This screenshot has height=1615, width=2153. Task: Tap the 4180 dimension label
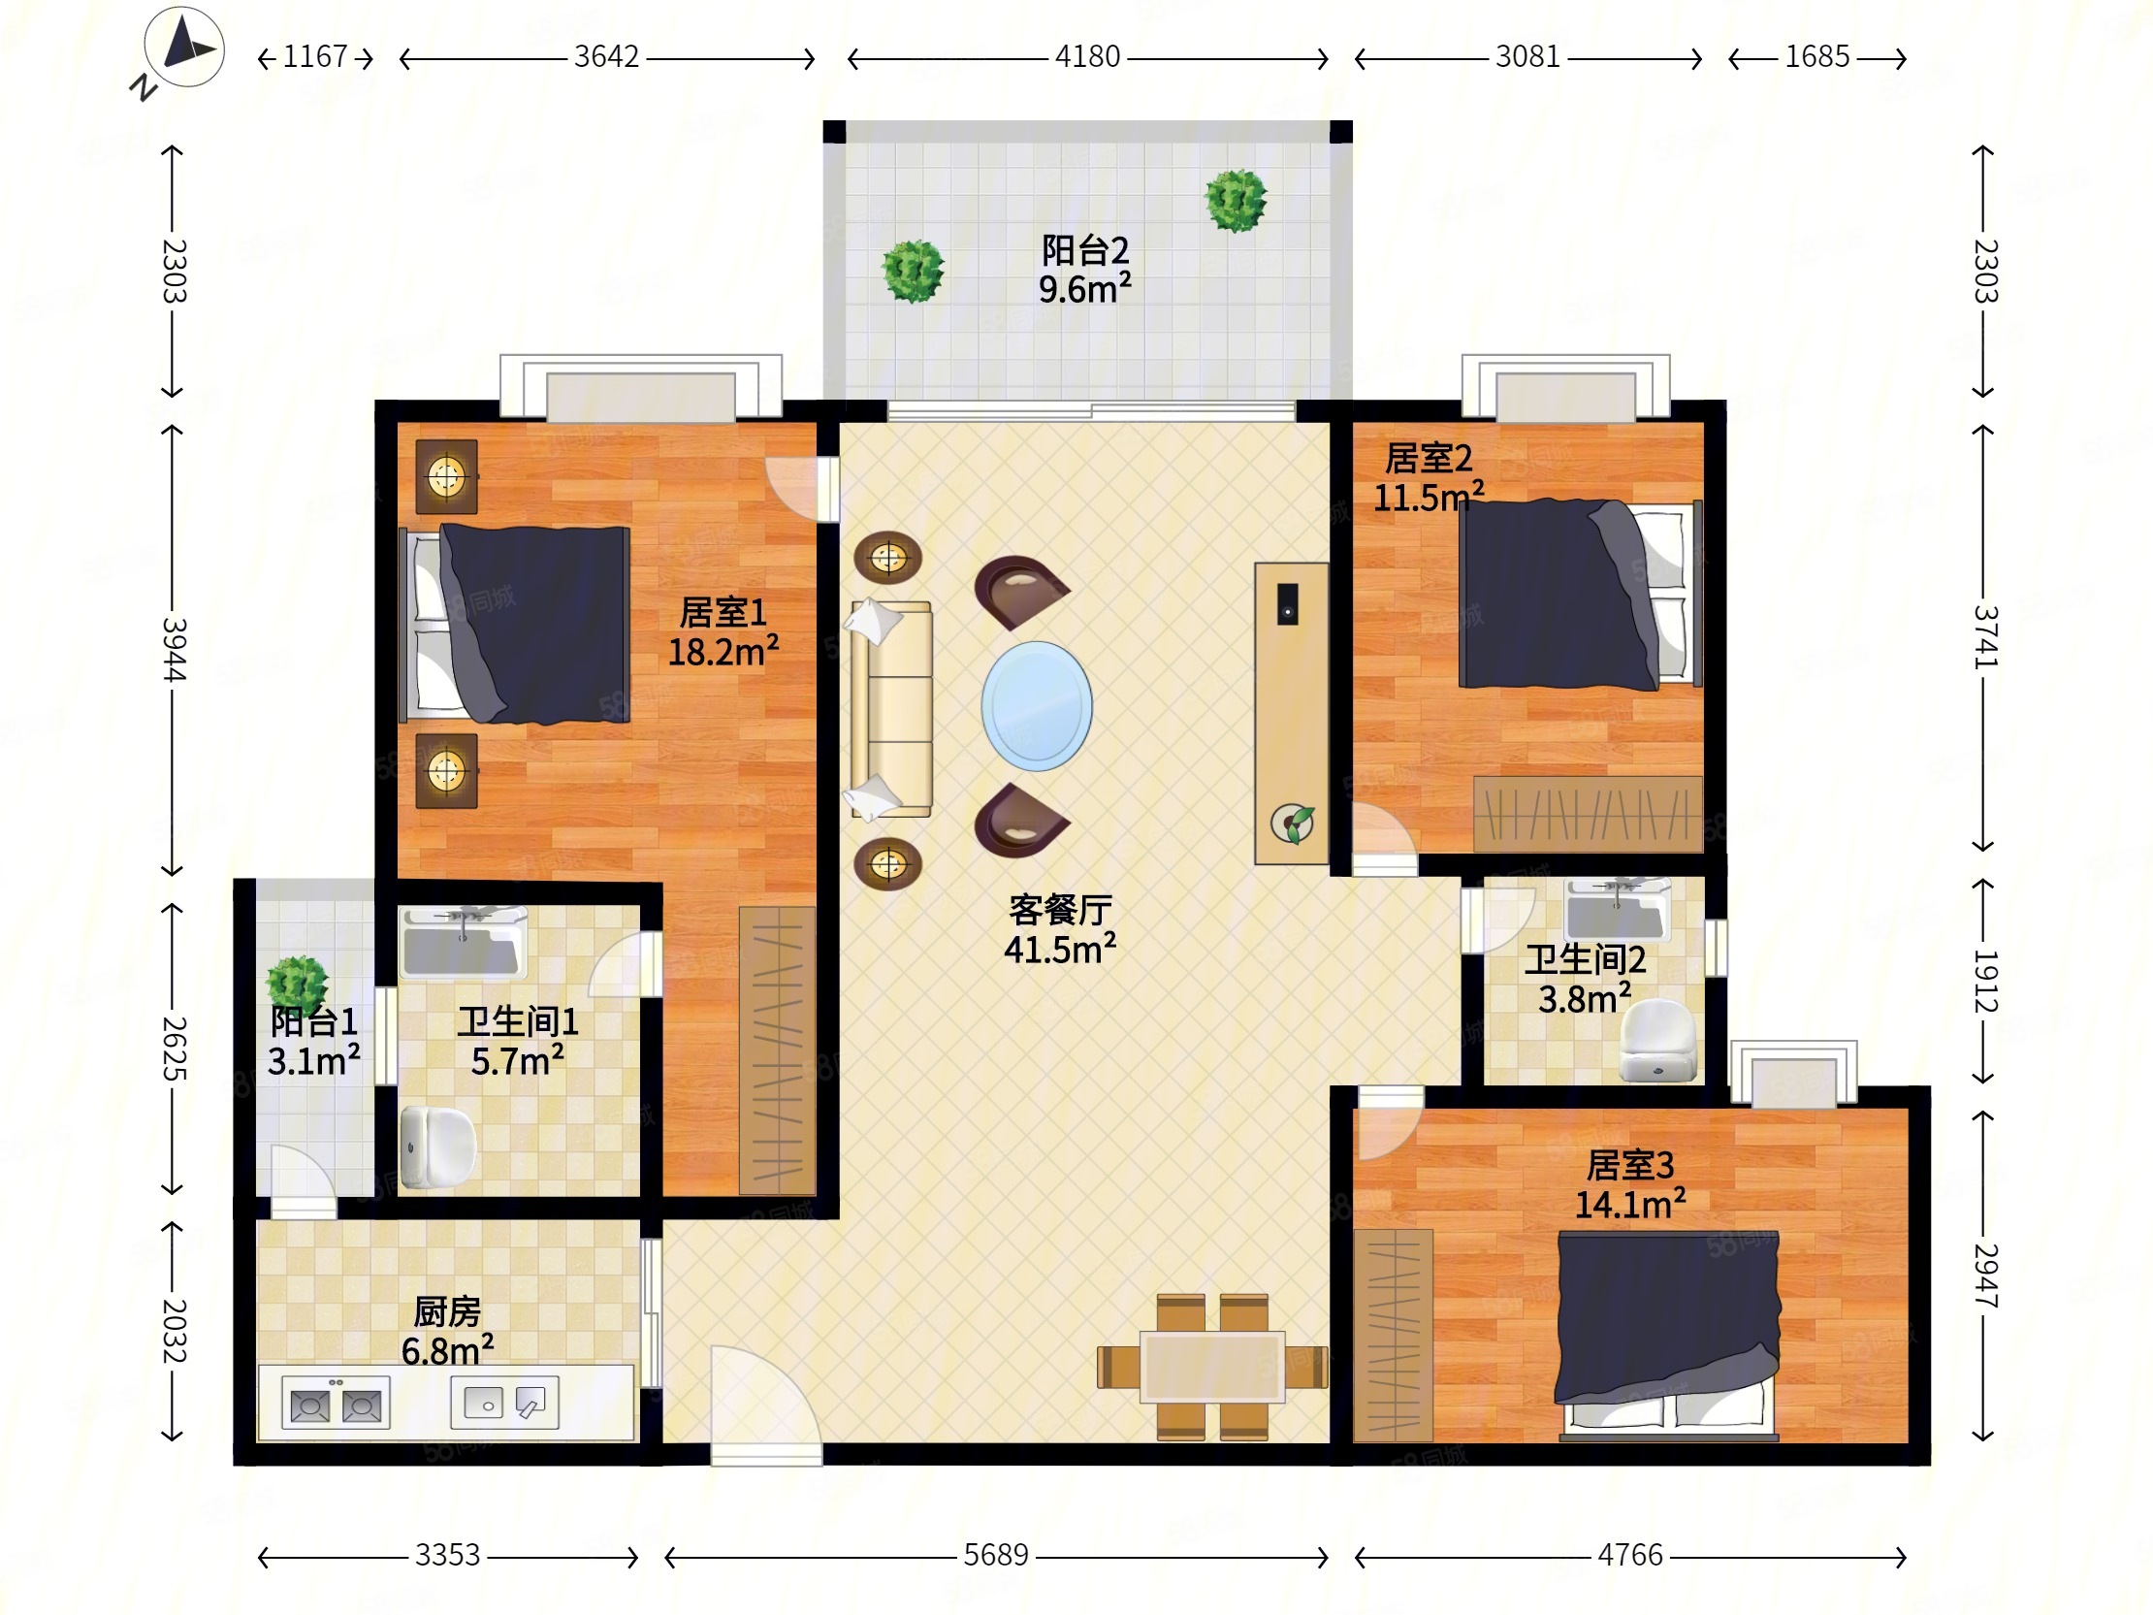click(1088, 57)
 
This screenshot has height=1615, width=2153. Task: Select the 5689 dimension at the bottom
click(996, 1555)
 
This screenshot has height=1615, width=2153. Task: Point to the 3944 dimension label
click(174, 649)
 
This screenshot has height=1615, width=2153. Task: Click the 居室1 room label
click(723, 612)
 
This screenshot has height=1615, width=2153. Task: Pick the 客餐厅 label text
click(1060, 910)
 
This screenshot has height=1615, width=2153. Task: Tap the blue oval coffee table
click(1037, 706)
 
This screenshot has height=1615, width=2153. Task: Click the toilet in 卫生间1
click(438, 1146)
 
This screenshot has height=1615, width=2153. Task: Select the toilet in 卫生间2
click(1658, 1041)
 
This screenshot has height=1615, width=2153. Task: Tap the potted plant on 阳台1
click(298, 984)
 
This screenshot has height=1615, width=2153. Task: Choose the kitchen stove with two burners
click(336, 1403)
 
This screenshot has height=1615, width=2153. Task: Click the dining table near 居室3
click(1213, 1367)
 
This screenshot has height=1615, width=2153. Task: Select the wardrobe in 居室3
click(1393, 1336)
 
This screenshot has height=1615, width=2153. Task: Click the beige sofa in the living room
click(891, 709)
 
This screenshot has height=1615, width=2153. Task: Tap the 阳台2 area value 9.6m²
click(1084, 289)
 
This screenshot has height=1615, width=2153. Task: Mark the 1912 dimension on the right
click(1984, 982)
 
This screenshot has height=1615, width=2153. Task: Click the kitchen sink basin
click(504, 1402)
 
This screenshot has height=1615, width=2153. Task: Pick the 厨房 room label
click(448, 1311)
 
